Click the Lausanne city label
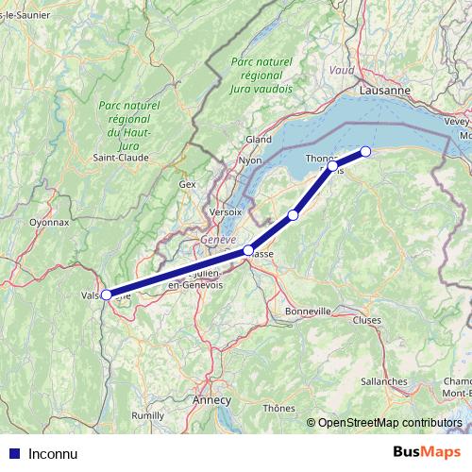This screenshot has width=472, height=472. (x=384, y=90)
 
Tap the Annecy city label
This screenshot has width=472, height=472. (x=211, y=399)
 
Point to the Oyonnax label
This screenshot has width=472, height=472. (x=49, y=223)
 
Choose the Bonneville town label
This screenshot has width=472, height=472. (x=309, y=311)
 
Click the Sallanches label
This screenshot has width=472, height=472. (x=383, y=381)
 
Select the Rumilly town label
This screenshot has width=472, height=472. (x=147, y=414)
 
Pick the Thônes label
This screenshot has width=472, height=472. (x=279, y=408)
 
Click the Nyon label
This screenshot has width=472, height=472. (x=250, y=160)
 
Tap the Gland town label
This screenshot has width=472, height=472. (x=259, y=139)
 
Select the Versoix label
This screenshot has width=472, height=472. (x=221, y=211)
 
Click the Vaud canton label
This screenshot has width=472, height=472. (x=342, y=71)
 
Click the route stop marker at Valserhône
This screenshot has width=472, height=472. (x=107, y=295)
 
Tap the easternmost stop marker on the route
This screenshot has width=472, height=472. (x=365, y=151)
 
